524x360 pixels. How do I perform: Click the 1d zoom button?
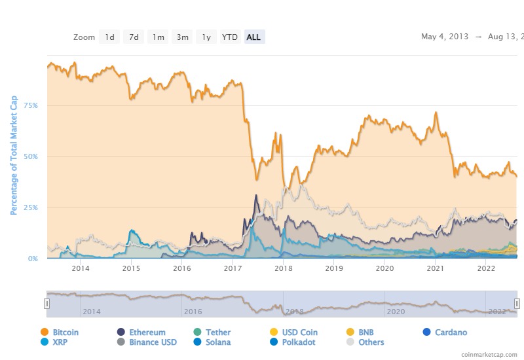109,37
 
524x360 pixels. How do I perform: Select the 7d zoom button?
134,37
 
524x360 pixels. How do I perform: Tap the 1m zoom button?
158,37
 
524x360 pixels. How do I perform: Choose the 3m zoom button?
182,37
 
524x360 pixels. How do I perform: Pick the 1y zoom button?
206,37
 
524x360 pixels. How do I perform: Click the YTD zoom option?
230,37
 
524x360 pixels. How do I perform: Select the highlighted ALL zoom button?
253,37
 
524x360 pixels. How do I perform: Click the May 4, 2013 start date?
444,37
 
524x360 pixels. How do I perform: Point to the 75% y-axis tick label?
30,105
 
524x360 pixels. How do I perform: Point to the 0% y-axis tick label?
32,259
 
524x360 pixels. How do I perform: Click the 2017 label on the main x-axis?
233,268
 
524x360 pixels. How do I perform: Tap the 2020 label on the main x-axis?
384,268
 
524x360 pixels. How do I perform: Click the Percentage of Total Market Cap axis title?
13,155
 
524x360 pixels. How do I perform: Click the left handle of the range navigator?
47,303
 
